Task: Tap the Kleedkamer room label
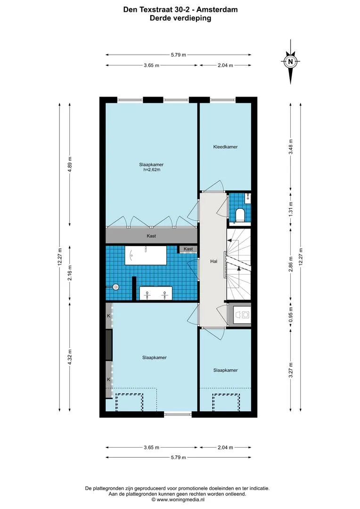(225, 147)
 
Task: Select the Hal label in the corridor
(213, 261)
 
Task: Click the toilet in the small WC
(240, 215)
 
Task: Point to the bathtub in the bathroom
(146, 256)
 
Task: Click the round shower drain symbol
(115, 287)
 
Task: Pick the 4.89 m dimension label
(70, 164)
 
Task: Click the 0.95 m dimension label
(291, 314)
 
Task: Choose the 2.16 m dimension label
(70, 273)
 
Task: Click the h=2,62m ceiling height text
(152, 170)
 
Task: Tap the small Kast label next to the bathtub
(188, 249)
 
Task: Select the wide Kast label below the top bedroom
(151, 236)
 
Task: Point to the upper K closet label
(109, 316)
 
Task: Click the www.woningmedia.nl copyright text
(177, 500)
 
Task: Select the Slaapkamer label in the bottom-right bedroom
(225, 370)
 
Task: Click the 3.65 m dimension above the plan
(152, 65)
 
